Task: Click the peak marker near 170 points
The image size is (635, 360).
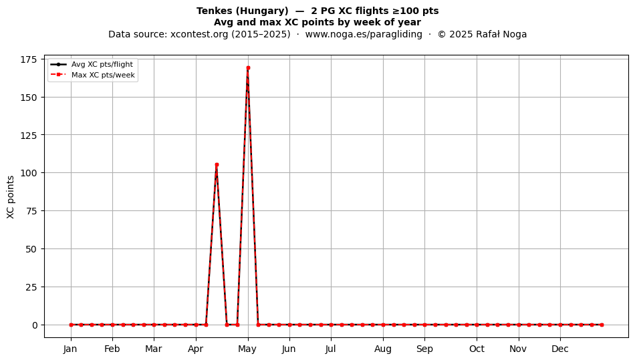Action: pyautogui.click(x=248, y=68)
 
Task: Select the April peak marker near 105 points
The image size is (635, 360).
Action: pyautogui.click(x=217, y=164)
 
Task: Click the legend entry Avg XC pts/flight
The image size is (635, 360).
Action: pyautogui.click(x=102, y=64)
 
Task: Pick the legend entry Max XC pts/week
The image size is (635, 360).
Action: pyautogui.click(x=103, y=75)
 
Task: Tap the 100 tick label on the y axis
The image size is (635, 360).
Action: pyautogui.click(x=28, y=173)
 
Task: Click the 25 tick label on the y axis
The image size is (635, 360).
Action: pyautogui.click(x=31, y=287)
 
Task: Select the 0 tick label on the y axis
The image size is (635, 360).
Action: pyautogui.click(x=34, y=325)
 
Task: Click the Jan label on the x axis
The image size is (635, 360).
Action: pyautogui.click(x=70, y=349)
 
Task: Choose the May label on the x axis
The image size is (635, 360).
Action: pyautogui.click(x=247, y=349)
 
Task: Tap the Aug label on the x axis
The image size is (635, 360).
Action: pyautogui.click(x=383, y=349)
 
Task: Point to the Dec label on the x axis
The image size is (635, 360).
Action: pyautogui.click(x=560, y=349)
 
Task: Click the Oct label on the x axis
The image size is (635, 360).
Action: pyautogui.click(x=477, y=349)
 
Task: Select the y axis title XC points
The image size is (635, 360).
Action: pyautogui.click(x=11, y=197)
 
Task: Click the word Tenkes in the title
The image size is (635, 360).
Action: pyautogui.click(x=215, y=11)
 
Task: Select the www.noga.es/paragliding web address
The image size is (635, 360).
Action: pyautogui.click(x=364, y=34)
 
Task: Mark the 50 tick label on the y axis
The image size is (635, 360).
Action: pyautogui.click(x=31, y=249)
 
